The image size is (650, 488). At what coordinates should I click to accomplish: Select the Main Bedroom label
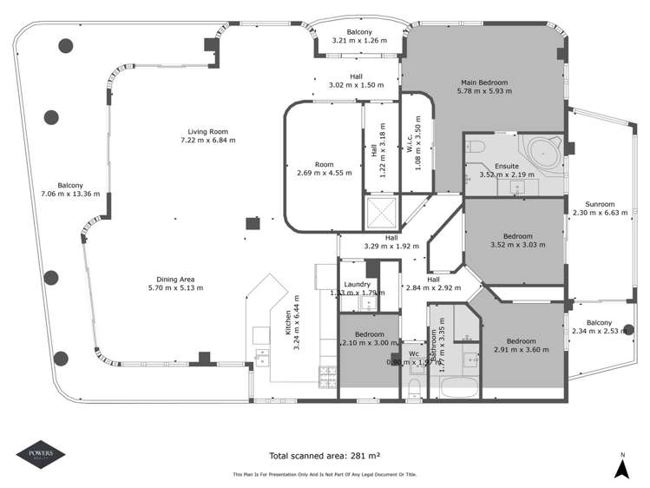[x=483, y=82]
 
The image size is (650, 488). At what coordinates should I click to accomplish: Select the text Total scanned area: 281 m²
[x=325, y=454]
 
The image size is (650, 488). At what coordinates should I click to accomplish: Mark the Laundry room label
[x=358, y=284]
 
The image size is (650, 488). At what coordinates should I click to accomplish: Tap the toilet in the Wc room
[x=414, y=386]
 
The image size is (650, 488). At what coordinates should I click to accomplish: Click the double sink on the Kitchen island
[x=262, y=359]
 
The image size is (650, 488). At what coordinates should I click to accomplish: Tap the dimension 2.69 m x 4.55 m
[x=324, y=172]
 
